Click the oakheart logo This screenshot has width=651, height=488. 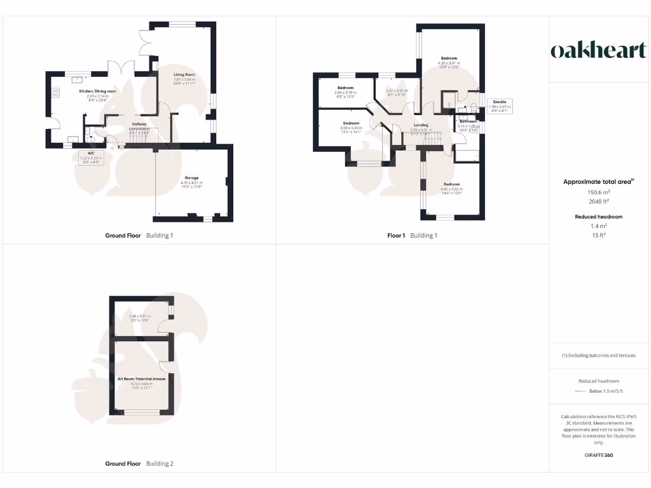tap(598, 50)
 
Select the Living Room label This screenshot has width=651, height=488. tap(183, 74)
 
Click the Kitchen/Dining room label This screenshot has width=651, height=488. tap(97, 91)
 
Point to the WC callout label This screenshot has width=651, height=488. tap(83, 153)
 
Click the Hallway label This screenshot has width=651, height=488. tap(139, 124)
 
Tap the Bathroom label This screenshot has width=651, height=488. tap(468, 121)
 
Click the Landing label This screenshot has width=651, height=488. tap(420, 125)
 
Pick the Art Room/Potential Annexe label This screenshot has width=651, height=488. tap(141, 379)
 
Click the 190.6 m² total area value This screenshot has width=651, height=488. tap(598, 191)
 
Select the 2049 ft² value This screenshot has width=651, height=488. tap(598, 200)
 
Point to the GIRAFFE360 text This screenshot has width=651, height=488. tap(598, 456)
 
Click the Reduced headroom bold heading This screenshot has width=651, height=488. tap(598, 217)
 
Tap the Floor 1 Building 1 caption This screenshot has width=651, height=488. tap(413, 235)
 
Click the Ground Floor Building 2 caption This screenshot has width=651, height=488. tap(139, 464)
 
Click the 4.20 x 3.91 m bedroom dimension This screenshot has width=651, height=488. tap(449, 62)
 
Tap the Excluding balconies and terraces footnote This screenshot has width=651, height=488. tap(598, 355)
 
